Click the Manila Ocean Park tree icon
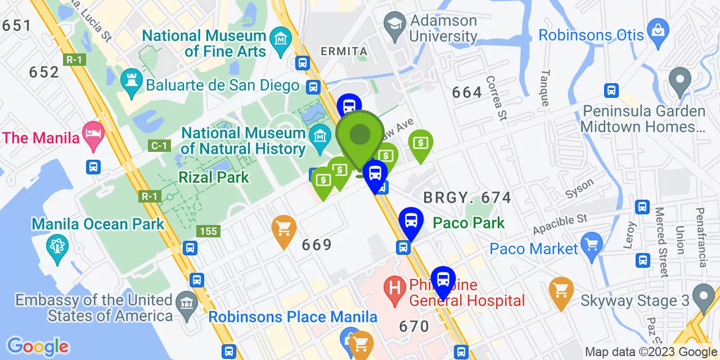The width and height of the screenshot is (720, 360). (x=57, y=246)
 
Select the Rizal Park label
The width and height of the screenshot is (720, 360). (x=214, y=177)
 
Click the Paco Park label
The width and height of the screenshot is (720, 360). (x=469, y=223)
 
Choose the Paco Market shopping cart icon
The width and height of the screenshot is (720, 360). (x=592, y=244)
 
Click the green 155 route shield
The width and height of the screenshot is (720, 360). (x=208, y=231)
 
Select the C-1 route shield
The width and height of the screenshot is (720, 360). (x=159, y=146)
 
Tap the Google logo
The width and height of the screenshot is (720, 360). (x=38, y=346)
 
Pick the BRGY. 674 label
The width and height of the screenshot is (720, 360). (x=467, y=197)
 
